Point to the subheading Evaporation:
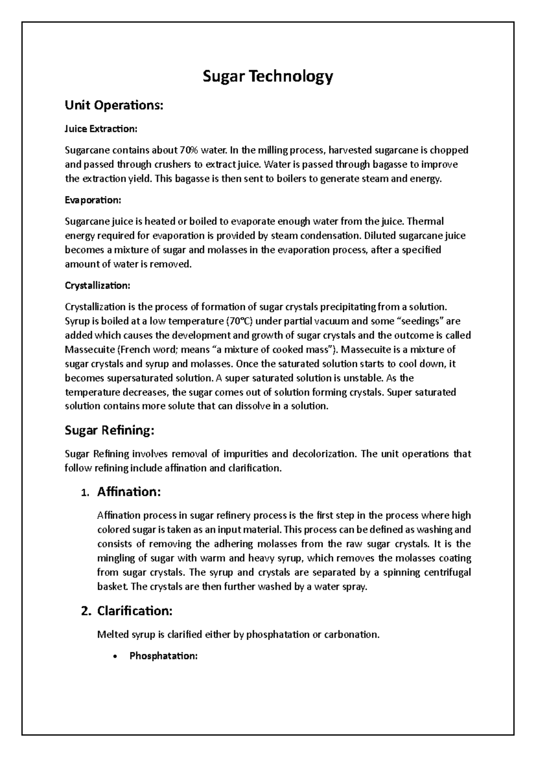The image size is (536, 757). [93, 200]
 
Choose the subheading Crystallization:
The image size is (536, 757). [98, 285]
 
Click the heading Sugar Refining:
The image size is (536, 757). [109, 430]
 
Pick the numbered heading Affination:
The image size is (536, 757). [129, 492]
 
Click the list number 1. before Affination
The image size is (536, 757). [85, 493]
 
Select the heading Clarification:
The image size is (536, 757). [134, 611]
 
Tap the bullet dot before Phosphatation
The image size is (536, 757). [116, 657]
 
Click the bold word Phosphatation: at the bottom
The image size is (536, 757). [163, 656]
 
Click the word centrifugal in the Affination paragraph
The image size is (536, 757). [447, 572]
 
